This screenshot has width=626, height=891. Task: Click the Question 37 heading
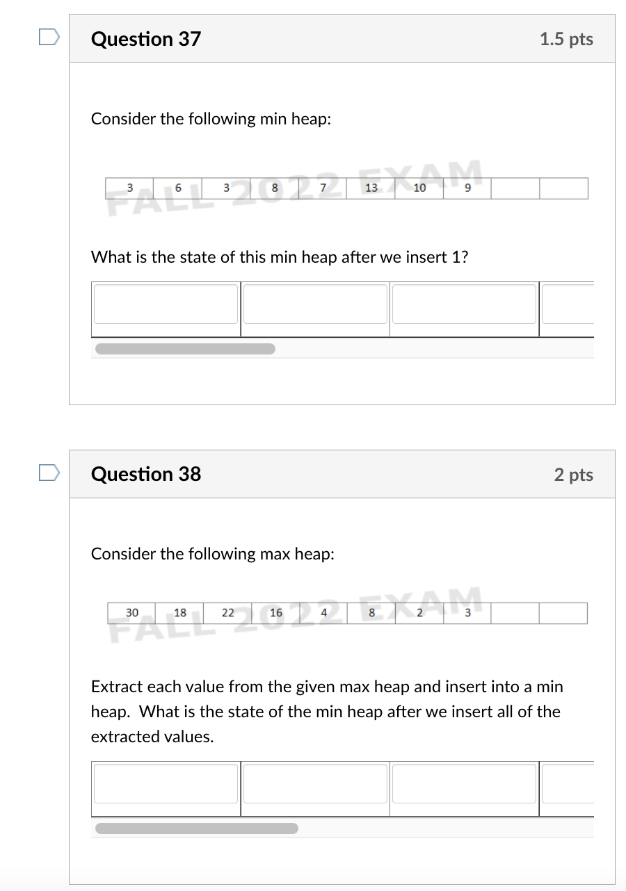(145, 39)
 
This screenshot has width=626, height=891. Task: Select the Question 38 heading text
(145, 474)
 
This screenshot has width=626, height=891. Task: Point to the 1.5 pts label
(566, 39)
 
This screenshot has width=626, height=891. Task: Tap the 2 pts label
(573, 475)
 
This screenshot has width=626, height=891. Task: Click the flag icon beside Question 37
(49, 37)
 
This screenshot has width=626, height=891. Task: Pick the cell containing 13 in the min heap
(371, 188)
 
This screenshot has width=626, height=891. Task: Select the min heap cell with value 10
(419, 188)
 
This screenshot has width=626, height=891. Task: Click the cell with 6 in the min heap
(178, 188)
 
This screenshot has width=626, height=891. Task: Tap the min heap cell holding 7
(323, 188)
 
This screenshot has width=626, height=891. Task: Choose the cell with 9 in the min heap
(467, 188)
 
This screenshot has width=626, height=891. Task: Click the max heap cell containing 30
(132, 612)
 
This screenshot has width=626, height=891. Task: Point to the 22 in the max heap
(228, 612)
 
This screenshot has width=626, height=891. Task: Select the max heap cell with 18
(180, 612)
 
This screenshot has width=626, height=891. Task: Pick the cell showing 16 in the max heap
(276, 612)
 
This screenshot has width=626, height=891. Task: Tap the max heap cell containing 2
(419, 612)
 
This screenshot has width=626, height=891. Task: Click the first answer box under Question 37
(166, 304)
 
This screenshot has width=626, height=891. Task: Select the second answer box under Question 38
(315, 783)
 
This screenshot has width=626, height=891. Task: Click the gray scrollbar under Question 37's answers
(185, 348)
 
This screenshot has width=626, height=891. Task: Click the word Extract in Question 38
(115, 687)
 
